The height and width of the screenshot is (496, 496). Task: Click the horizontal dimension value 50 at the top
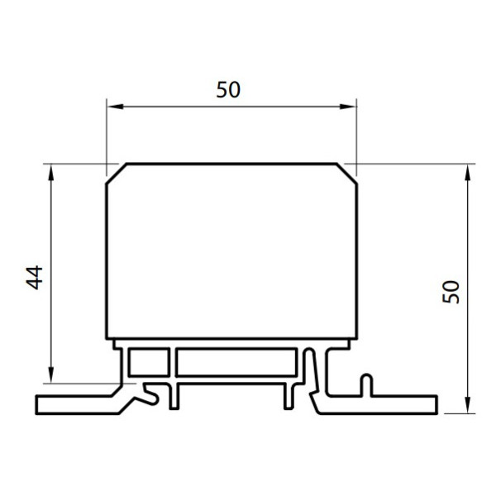(228, 89)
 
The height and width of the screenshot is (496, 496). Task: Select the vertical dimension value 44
(34, 278)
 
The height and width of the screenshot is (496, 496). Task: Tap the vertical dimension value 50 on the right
(451, 292)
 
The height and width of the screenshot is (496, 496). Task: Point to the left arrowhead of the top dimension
(115, 107)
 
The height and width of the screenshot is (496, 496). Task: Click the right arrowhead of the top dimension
(348, 107)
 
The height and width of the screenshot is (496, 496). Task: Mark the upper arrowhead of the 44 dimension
(51, 173)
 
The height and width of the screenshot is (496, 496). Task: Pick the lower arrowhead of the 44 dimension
(51, 374)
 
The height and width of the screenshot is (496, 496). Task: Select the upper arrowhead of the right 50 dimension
(468, 173)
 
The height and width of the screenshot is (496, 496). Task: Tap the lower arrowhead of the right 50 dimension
(468, 405)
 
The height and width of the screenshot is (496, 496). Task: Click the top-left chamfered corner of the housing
(117, 174)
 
